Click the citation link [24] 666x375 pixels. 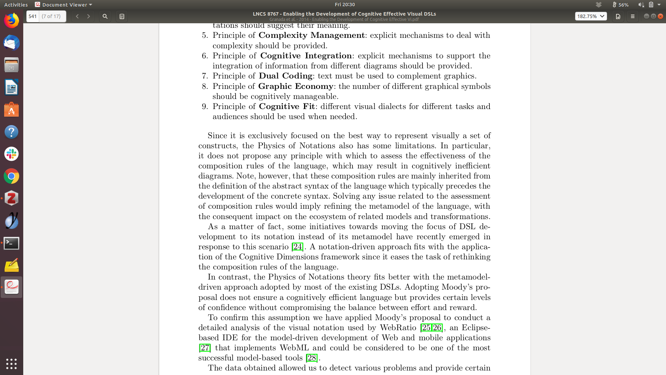click(297, 247)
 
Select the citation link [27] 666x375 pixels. click(205, 348)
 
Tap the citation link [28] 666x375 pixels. click(311, 358)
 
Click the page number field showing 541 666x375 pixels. click(33, 16)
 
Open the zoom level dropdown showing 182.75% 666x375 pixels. click(590, 16)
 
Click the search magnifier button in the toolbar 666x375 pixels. click(105, 16)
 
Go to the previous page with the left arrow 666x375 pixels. click(77, 16)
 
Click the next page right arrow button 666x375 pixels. click(88, 16)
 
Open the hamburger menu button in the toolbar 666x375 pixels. click(632, 16)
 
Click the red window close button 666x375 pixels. click(660, 16)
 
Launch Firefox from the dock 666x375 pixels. click(11, 21)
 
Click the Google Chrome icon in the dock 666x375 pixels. click(11, 176)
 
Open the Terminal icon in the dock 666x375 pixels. click(11, 243)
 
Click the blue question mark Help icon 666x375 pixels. click(11, 132)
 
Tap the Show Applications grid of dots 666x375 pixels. click(11, 364)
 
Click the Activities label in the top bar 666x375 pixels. click(16, 5)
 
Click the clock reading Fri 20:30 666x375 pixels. click(344, 5)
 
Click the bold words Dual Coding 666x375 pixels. click(285, 76)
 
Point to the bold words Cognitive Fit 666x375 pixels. click(287, 107)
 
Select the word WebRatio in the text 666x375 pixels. click(398, 328)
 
